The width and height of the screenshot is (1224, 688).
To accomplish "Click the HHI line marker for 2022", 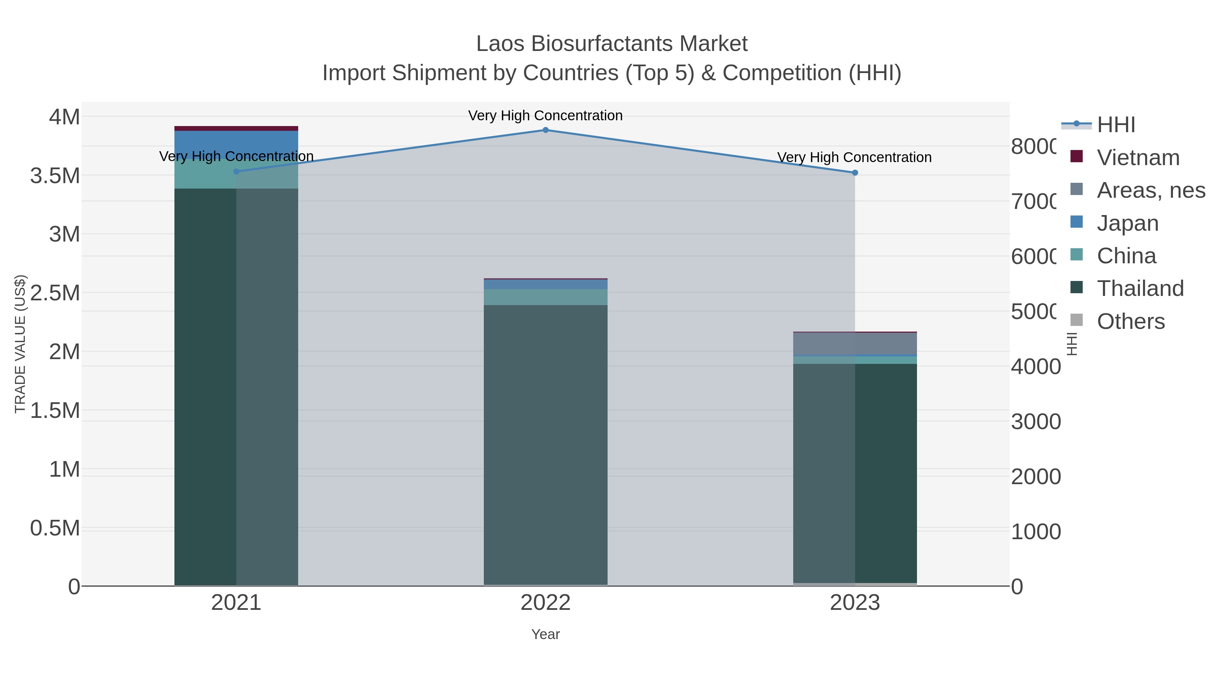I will pyautogui.click(x=545, y=130).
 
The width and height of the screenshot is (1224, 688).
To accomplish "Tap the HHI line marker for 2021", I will pyautogui.click(x=236, y=172).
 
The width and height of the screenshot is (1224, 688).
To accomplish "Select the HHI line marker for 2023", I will pyautogui.click(x=855, y=173).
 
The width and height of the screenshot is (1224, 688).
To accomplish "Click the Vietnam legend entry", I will pyautogui.click(x=1138, y=158).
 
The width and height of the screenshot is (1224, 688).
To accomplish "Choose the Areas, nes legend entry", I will pyautogui.click(x=1150, y=190).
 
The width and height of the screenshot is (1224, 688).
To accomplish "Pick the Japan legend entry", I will pyautogui.click(x=1127, y=223).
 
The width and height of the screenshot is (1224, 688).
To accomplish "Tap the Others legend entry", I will pyautogui.click(x=1130, y=321).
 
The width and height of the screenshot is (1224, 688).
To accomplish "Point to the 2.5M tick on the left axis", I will pyautogui.click(x=55, y=293).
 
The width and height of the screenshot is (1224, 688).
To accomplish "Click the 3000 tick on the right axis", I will pyautogui.click(x=1035, y=422).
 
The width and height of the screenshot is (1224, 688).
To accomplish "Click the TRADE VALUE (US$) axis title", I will pyautogui.click(x=20, y=344).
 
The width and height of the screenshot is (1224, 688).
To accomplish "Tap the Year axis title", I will pyautogui.click(x=545, y=634).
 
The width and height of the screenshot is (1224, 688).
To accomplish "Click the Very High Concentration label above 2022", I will pyautogui.click(x=545, y=116).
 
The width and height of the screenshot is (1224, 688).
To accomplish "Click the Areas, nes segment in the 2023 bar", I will pyautogui.click(x=855, y=344).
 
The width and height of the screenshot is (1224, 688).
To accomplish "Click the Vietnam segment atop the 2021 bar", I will pyautogui.click(x=236, y=128).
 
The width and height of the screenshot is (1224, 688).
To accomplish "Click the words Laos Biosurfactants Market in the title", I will pyautogui.click(x=612, y=44).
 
